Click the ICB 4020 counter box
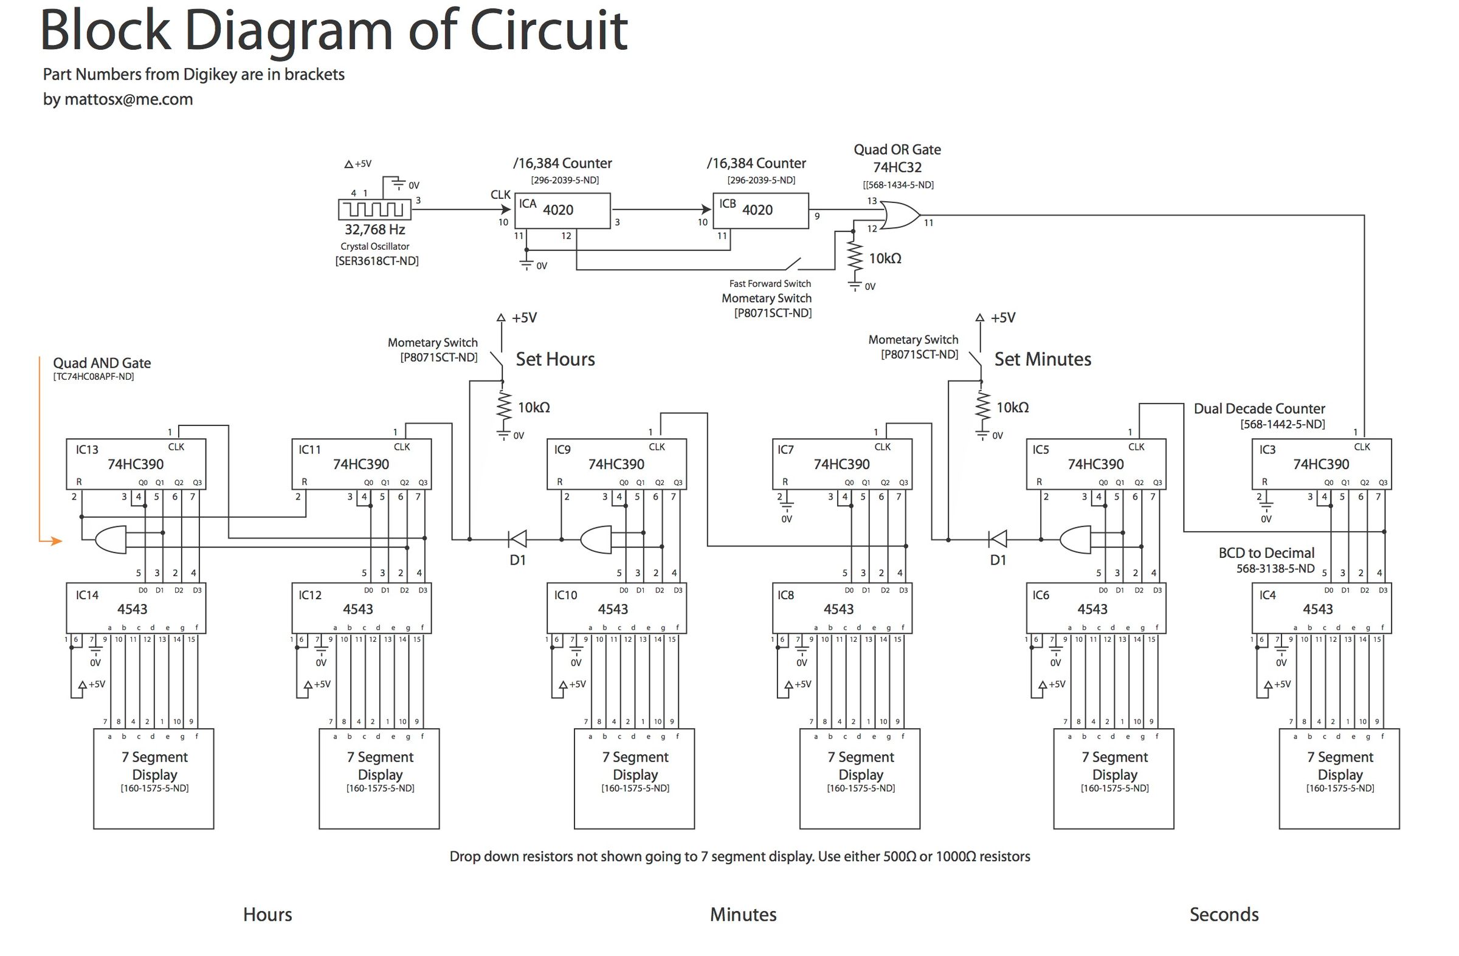tap(760, 211)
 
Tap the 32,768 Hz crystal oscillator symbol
tap(374, 210)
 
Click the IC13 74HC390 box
tap(136, 464)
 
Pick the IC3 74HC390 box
tap(1321, 464)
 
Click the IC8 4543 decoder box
tap(841, 608)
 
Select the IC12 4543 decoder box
tap(360, 608)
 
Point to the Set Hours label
tap(555, 359)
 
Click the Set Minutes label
tap(1042, 359)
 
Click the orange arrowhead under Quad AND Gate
tap(57, 541)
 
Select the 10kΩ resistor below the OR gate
tap(854, 258)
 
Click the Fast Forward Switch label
tap(770, 284)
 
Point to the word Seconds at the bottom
tap(1224, 915)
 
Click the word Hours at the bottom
tap(267, 915)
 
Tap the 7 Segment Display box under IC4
tap(1339, 779)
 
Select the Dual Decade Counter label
tap(1259, 409)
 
